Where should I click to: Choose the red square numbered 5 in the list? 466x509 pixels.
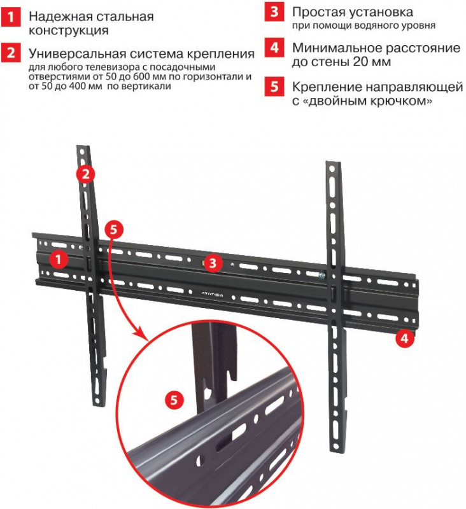(x=274, y=87)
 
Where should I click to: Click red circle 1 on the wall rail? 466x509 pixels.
(x=59, y=260)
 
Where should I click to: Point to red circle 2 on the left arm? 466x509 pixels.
(x=86, y=174)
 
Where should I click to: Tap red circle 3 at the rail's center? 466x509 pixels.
(x=213, y=262)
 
